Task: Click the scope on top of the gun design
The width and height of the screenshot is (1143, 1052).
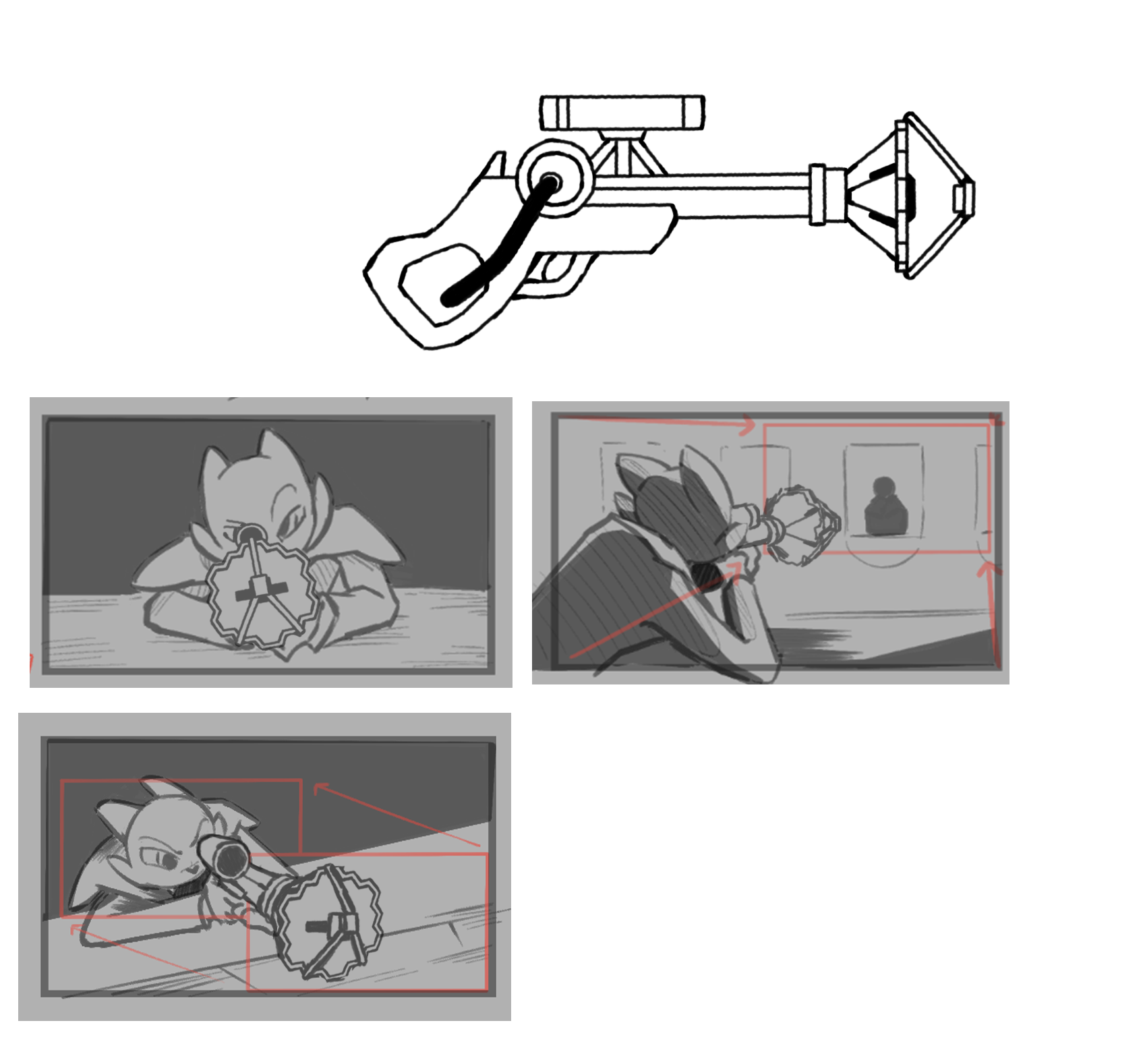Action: [x=622, y=112]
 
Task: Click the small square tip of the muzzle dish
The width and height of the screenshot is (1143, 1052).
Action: [x=964, y=198]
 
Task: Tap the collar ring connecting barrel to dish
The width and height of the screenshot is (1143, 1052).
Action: [x=827, y=196]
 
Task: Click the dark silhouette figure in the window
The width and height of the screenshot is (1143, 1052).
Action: [x=885, y=508]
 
